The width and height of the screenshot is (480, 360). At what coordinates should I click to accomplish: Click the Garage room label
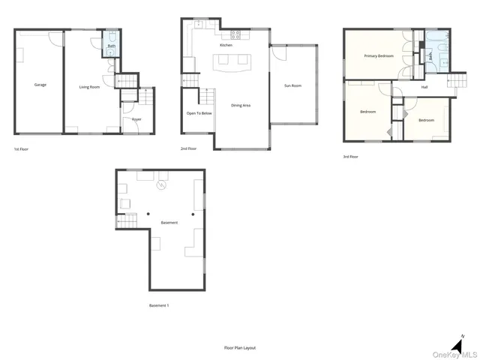point(40,85)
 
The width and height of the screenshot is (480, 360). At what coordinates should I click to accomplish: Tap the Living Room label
point(91,87)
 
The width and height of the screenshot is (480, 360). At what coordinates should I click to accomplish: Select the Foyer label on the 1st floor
point(136,119)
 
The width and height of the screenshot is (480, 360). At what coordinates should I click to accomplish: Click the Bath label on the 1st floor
point(112,46)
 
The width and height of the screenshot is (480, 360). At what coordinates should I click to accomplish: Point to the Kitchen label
point(226,46)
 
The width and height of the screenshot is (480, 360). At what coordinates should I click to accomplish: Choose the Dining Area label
point(241,106)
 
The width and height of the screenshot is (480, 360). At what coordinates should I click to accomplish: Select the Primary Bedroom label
point(379,56)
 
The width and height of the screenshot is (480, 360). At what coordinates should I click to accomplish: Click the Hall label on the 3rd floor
point(424,87)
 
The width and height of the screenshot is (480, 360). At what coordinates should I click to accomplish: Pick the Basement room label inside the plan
point(169,223)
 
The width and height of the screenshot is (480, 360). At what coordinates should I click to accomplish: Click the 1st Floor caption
point(22,149)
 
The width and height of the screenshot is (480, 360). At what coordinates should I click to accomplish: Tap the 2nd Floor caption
point(188,149)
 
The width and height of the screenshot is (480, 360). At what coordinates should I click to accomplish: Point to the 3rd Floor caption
point(350,157)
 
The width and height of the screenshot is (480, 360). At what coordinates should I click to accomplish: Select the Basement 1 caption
point(159,305)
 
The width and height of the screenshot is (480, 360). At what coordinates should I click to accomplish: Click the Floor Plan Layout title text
point(240,348)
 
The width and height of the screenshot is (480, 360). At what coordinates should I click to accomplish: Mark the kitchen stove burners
point(234,33)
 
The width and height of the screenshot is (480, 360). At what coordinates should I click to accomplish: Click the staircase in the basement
point(127,221)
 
